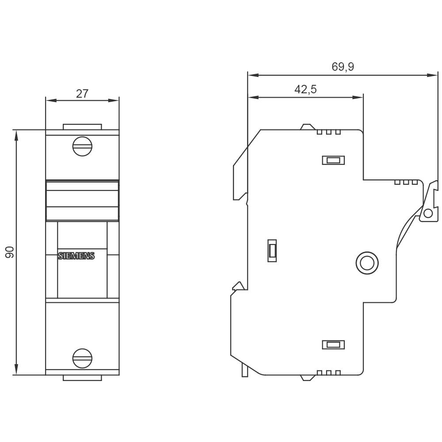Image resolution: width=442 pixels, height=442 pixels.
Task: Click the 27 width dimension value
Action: (x=82, y=94)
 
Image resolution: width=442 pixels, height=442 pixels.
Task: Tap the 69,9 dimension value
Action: (x=343, y=67)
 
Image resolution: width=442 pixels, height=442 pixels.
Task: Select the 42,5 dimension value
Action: (x=305, y=90)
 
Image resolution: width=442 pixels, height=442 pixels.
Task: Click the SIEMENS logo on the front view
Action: (x=76, y=256)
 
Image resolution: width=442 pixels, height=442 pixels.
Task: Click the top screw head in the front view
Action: (x=82, y=147)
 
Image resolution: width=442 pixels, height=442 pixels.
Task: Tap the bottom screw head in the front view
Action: (x=82, y=358)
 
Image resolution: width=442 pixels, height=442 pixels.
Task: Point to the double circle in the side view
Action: (x=367, y=263)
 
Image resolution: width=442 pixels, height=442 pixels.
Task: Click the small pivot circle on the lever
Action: (x=427, y=214)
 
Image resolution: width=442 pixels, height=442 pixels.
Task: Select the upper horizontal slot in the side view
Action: (x=333, y=160)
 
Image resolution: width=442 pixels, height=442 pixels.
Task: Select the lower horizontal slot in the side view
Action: (x=333, y=344)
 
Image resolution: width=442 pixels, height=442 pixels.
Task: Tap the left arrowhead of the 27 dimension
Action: (x=49, y=100)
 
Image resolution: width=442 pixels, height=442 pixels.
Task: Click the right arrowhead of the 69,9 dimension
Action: (x=434, y=75)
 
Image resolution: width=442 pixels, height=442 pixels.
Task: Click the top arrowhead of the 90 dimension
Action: (x=16, y=133)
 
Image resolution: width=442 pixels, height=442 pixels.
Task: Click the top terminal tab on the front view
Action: (x=82, y=127)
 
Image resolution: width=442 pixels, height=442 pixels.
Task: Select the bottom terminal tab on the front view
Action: (x=82, y=378)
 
